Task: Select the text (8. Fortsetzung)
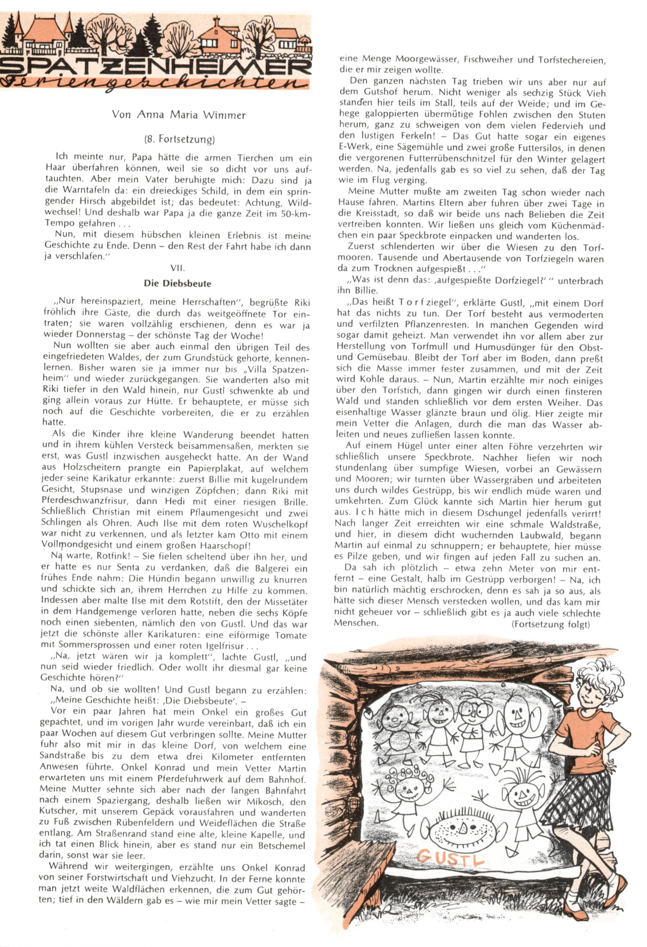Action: [179, 140]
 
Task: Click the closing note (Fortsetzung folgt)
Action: [550, 624]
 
